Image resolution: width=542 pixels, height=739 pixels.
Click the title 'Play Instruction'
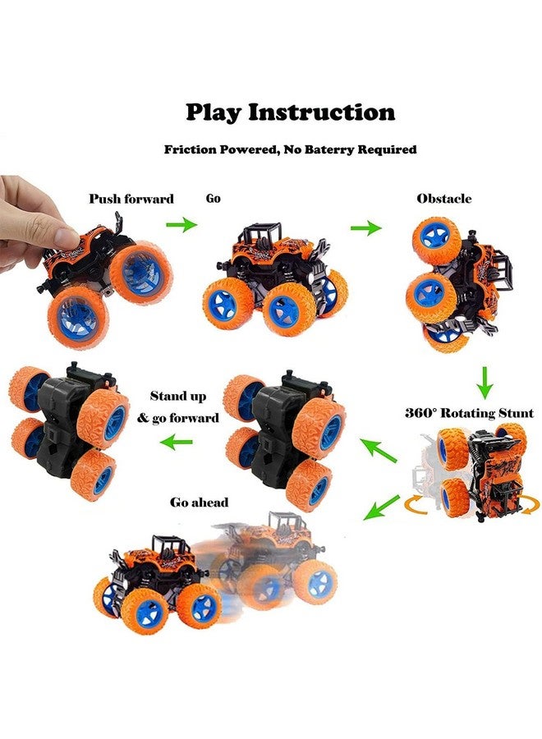pyautogui.click(x=290, y=112)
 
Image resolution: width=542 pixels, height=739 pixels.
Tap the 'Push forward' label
pyautogui.click(x=131, y=199)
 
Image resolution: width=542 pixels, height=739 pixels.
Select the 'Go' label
pyautogui.click(x=213, y=198)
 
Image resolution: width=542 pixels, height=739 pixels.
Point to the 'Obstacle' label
pyautogui.click(x=444, y=199)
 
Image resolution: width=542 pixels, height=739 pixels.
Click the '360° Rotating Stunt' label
pyautogui.click(x=469, y=413)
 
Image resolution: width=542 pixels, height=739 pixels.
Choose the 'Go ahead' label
pyautogui.click(x=200, y=502)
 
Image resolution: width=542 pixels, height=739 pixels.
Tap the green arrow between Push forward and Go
pyautogui.click(x=183, y=223)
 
